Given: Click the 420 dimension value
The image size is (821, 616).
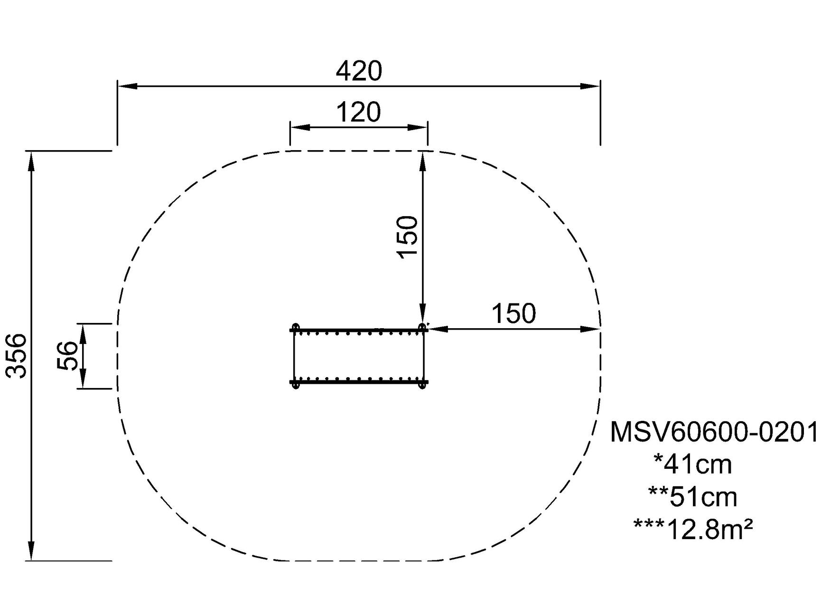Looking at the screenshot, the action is tap(359, 71).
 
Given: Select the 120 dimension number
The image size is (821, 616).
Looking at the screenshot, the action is tap(358, 113).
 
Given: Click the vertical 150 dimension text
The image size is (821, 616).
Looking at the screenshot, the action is tap(407, 237).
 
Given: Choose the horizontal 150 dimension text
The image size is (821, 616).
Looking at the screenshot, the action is tap(513, 313).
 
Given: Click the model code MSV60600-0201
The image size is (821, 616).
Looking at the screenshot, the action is tap(714, 432).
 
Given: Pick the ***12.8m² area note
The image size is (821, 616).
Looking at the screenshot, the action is tap(693, 530).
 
